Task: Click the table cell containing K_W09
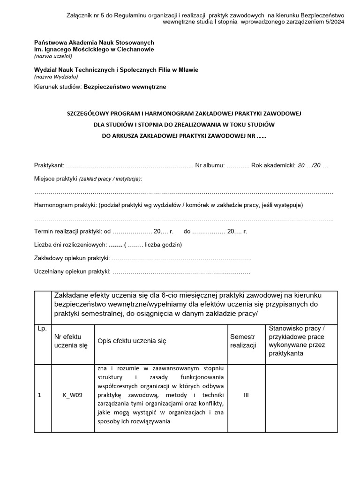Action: [x=73, y=395]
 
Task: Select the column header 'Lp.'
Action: [x=42, y=329]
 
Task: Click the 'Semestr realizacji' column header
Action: [x=243, y=341]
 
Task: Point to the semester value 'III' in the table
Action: [x=246, y=395]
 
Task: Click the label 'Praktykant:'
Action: [x=49, y=165]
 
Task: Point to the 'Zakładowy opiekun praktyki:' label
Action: [x=72, y=258]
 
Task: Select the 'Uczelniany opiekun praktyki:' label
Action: [x=72, y=271]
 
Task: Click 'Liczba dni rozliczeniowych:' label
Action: [x=70, y=245]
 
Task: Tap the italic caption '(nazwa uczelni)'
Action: [x=53, y=56]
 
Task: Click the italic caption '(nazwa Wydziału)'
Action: [x=56, y=76]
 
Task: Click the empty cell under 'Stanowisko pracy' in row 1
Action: [x=301, y=395]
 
